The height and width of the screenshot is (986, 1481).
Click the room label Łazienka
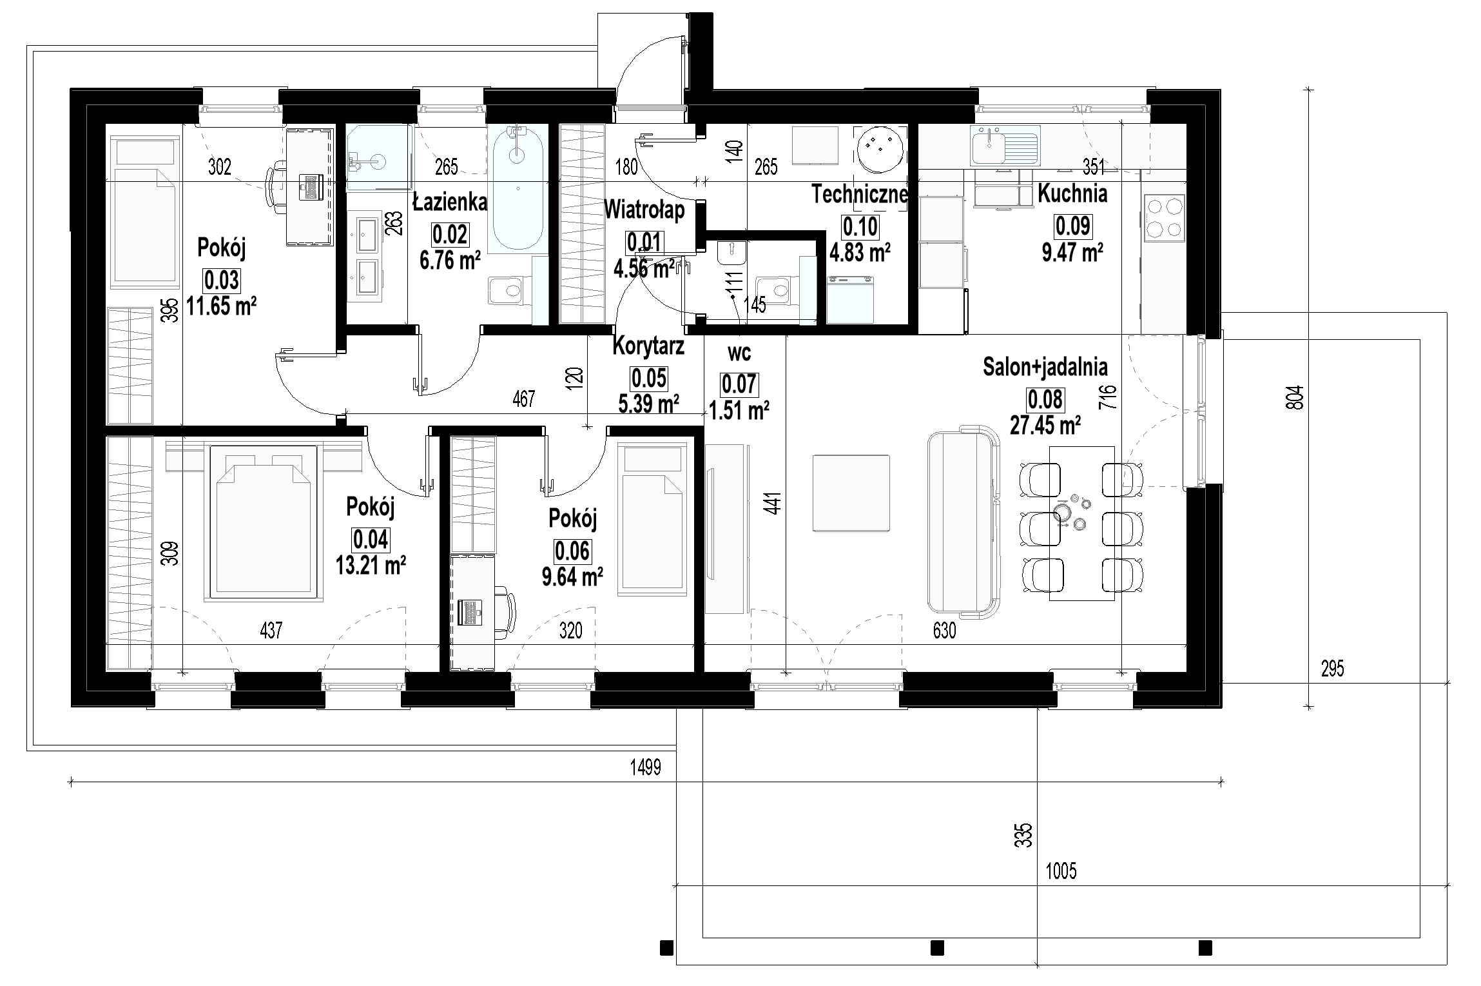pos(449,202)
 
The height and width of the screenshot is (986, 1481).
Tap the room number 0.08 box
pos(1045,400)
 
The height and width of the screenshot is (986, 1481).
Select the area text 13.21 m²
pos(370,566)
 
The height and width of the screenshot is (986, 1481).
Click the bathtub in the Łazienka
pos(519,188)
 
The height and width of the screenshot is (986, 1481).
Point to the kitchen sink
pos(1005,146)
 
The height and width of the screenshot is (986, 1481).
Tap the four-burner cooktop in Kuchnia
pos(1164,219)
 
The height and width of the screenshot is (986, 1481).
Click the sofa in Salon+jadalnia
pos(963,522)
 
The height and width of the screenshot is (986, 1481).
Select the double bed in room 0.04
pos(264,523)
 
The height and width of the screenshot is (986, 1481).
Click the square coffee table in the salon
pos(851,493)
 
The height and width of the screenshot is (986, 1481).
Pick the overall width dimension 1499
pos(646,767)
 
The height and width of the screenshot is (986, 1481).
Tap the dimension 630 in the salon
pos(944,630)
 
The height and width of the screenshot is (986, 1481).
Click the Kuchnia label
pos(1072,193)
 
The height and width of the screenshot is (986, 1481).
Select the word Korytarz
pos(648,346)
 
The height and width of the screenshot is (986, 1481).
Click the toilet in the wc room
pos(772,290)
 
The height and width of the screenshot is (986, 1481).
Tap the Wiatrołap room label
pos(644,210)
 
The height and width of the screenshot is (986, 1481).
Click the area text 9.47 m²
pos(1072,253)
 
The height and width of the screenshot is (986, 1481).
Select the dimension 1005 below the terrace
pos(1061,872)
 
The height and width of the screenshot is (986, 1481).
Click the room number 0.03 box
pos(222,281)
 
